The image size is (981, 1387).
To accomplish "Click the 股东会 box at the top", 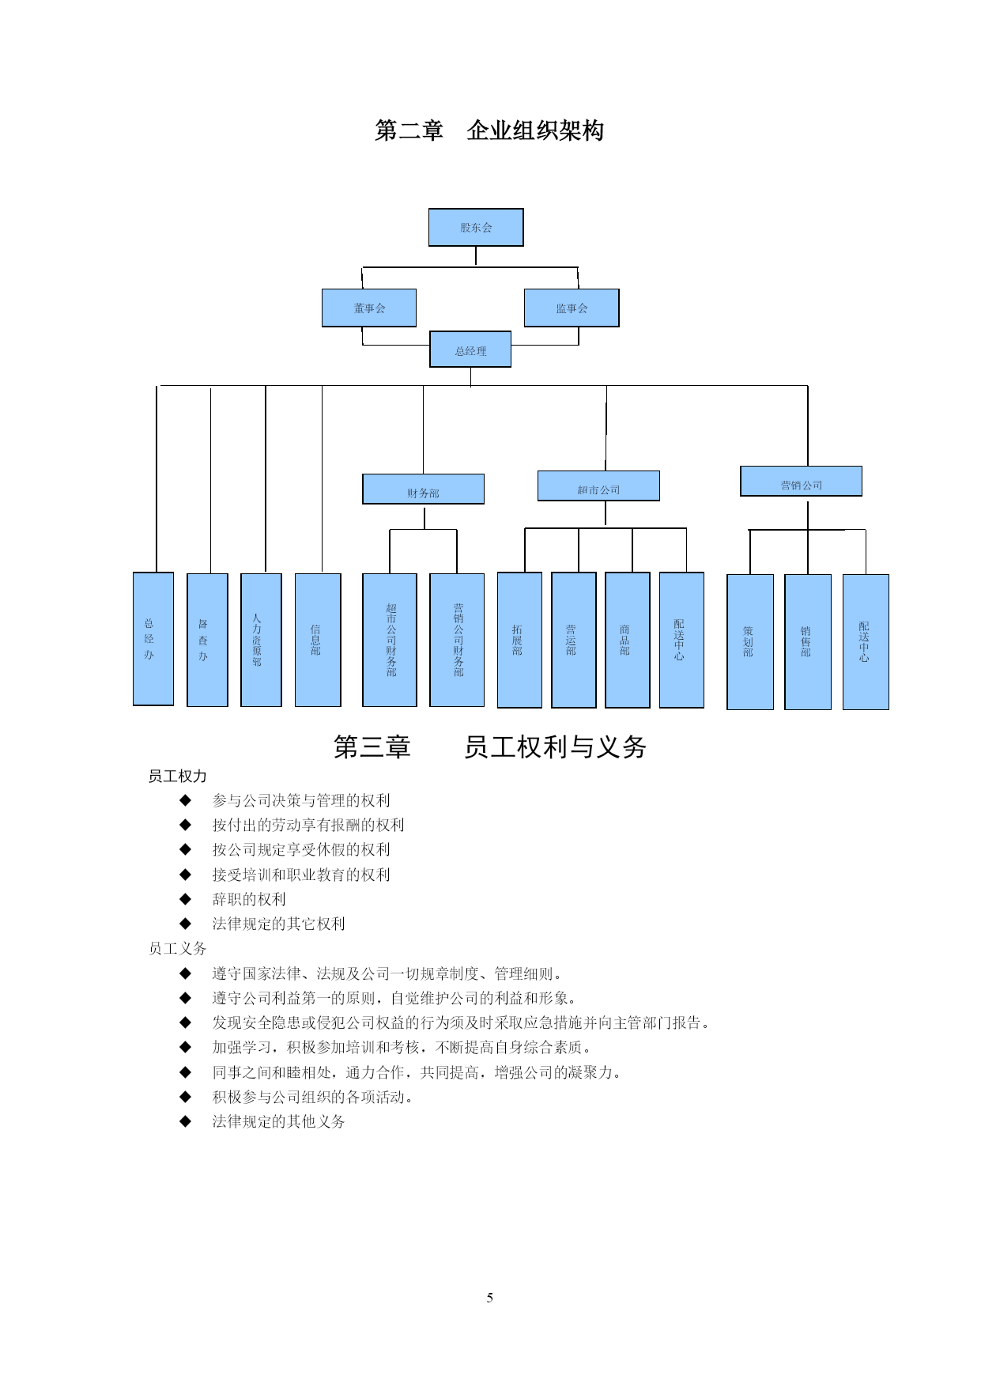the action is click(x=476, y=228).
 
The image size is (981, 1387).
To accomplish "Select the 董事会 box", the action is click(x=369, y=308).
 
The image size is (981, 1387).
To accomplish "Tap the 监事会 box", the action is click(x=572, y=308).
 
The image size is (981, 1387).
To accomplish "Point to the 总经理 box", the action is click(x=470, y=350).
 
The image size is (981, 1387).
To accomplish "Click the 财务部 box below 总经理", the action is click(x=423, y=489).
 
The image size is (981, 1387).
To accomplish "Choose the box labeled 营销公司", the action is click(x=801, y=481).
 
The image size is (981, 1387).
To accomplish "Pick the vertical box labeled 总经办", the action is click(x=153, y=639).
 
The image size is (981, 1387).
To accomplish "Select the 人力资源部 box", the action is click(x=261, y=640).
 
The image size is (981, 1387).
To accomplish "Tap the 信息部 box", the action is click(x=318, y=640).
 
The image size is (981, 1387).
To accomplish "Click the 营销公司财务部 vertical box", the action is click(x=457, y=640).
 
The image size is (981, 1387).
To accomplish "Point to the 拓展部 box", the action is click(x=519, y=640).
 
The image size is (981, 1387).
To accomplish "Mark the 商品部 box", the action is click(x=628, y=640).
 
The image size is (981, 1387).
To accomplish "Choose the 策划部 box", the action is click(x=750, y=642).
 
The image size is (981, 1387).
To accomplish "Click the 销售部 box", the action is click(x=808, y=642).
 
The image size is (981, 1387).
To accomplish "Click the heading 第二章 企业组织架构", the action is click(x=489, y=130).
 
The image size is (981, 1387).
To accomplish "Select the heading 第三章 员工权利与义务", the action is click(x=490, y=746).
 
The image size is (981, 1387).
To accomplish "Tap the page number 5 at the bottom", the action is click(x=490, y=1298).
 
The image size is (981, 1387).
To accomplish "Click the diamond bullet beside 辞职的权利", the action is click(x=186, y=899).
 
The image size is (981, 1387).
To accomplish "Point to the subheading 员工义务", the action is click(x=178, y=948).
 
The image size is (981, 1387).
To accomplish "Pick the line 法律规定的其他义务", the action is click(x=278, y=1121).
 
